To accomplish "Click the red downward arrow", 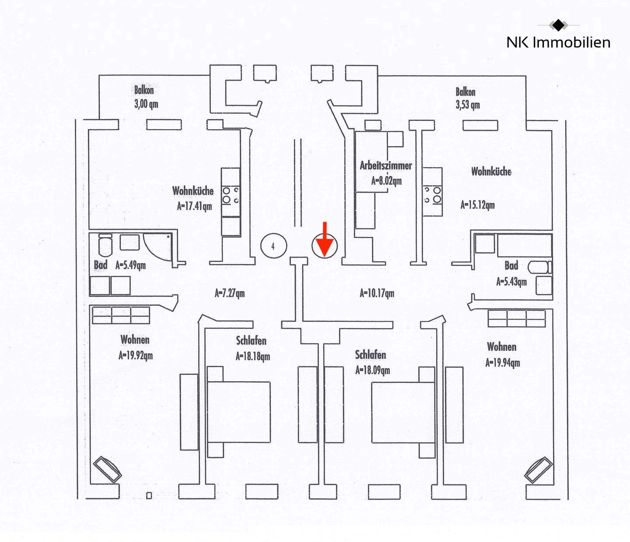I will (324, 240).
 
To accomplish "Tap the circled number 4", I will (273, 246).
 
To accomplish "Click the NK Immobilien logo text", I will (558, 42).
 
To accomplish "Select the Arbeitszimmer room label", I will (385, 165).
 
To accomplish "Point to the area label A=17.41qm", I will (194, 206).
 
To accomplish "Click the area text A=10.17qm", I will (377, 293).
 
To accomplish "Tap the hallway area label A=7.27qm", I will (230, 293).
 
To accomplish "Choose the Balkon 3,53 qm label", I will (467, 98).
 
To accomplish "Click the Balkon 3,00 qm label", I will (146, 97).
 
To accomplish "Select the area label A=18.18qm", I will (253, 356).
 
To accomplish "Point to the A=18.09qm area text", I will (372, 370).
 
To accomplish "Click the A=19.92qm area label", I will (136, 355).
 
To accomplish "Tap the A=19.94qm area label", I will (503, 363).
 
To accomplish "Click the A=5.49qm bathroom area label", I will (130, 265).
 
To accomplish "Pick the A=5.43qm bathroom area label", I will (511, 282).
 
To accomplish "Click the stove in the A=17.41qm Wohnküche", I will (231, 195).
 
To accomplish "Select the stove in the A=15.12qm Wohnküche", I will (432, 195).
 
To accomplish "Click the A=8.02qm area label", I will (386, 180).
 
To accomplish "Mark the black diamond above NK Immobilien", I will (558, 25).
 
